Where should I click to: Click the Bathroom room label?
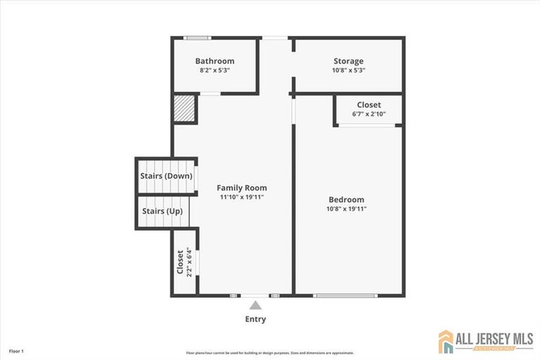(x=214, y=61)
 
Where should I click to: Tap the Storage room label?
(x=348, y=61)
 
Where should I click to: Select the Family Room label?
(x=241, y=188)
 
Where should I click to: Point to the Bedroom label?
(x=346, y=199)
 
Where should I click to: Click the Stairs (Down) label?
(x=166, y=176)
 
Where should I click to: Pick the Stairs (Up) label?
(x=163, y=211)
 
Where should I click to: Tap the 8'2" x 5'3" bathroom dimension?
(x=214, y=70)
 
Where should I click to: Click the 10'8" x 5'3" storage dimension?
(x=348, y=70)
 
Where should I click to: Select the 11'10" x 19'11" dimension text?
(x=241, y=198)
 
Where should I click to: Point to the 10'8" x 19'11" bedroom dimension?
(x=346, y=209)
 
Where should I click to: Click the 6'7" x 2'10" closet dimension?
(x=368, y=115)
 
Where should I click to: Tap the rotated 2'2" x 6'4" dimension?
(x=189, y=262)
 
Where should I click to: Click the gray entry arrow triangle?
(x=255, y=305)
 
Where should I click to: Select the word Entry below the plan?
(x=255, y=319)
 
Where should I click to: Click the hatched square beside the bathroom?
(x=184, y=110)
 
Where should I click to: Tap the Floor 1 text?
(x=16, y=351)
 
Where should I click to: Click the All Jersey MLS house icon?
(x=446, y=342)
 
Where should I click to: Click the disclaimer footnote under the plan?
(x=270, y=353)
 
